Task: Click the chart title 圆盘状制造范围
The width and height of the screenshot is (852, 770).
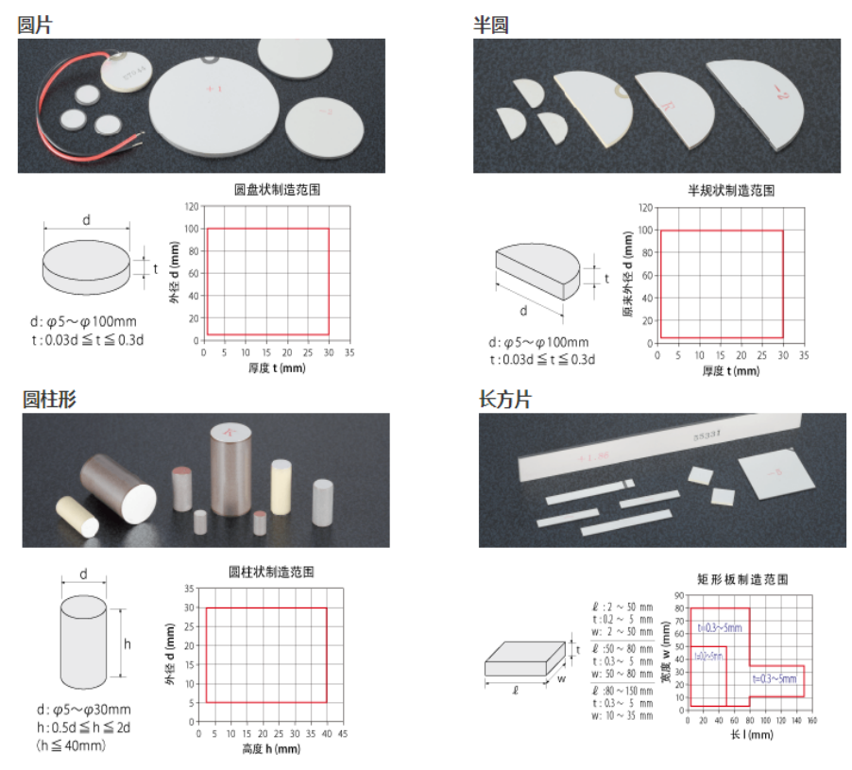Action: pos(277,189)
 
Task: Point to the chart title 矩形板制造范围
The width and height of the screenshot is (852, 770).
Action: pos(741,579)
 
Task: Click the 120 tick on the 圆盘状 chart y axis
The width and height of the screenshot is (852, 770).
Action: pos(192,206)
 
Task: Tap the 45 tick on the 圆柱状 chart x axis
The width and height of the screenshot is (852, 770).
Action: pos(343,734)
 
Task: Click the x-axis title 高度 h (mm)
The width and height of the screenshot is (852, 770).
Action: pos(270,749)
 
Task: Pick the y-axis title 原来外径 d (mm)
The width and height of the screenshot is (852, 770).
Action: pos(628,275)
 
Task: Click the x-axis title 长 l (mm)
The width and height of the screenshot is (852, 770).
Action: pos(745,735)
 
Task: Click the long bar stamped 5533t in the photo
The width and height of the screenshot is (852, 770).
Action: pos(661,448)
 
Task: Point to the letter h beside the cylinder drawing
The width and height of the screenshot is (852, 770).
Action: pos(128,644)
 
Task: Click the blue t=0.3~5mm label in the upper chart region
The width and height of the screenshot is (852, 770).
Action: pos(720,627)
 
